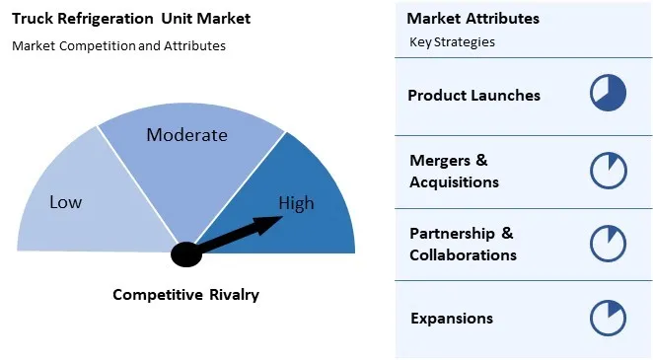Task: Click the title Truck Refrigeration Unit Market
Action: (x=131, y=18)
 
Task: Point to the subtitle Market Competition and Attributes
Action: (x=118, y=45)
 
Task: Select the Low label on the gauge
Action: (x=66, y=202)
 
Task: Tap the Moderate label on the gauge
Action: (x=186, y=135)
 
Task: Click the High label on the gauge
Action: (x=296, y=204)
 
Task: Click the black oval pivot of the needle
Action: (x=185, y=254)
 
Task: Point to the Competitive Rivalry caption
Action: (x=185, y=294)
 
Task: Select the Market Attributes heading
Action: (x=472, y=19)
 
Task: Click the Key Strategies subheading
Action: (x=452, y=42)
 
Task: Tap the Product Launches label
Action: (x=473, y=96)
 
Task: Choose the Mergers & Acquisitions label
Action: (x=454, y=171)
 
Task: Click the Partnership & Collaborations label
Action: (x=463, y=244)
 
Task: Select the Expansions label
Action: (x=451, y=318)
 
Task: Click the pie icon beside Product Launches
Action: (x=609, y=94)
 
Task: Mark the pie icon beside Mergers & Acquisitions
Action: (x=609, y=170)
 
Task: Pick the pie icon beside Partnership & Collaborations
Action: (x=609, y=243)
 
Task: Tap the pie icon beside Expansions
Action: (x=609, y=318)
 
